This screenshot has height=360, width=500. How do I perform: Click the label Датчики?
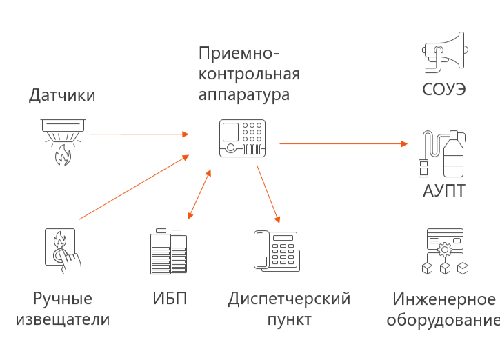coord(61,95)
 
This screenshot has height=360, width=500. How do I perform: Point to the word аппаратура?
coord(244,94)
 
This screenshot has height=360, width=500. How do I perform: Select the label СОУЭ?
coord(444,90)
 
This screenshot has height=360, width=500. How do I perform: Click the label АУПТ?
coord(444,190)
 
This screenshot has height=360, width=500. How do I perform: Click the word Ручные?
coord(62,299)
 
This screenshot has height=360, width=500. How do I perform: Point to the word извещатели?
coord(62,319)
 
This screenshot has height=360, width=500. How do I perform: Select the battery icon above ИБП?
coord(168,252)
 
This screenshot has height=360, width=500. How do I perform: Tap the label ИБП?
coord(169,299)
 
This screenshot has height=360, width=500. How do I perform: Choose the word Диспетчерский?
coord(289,299)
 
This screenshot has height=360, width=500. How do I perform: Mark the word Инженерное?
coord(444,299)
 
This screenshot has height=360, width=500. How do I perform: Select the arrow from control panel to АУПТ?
coord(343,143)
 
